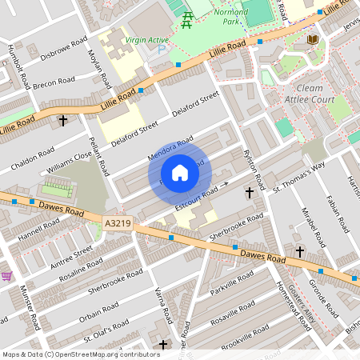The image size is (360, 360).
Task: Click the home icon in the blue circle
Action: (x=180, y=173)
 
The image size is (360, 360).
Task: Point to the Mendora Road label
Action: (x=170, y=149)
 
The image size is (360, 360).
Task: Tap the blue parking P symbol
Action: (x=161, y=50)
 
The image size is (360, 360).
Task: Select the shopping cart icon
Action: (x=6, y=276)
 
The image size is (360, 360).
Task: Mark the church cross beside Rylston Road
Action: (x=249, y=193)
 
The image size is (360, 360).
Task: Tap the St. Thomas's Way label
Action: (x=298, y=178)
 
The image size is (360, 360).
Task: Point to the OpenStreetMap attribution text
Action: (x=81, y=354)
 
